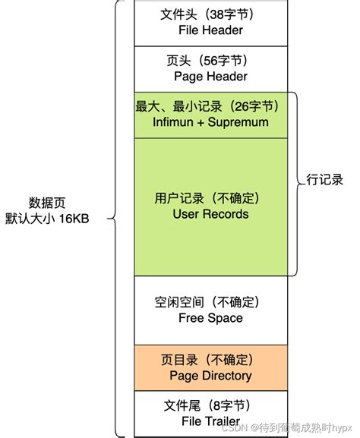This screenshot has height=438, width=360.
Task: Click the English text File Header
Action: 210,31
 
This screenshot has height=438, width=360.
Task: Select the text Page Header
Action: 210,77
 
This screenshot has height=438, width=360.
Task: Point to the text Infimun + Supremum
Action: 210,122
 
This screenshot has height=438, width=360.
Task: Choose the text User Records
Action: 210,214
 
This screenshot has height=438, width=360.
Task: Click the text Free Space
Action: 210,318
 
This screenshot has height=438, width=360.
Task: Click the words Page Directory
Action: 212,375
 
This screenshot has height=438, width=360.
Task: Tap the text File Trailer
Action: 210,421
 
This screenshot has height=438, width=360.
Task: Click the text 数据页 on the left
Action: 47,203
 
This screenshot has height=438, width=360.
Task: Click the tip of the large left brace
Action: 109,219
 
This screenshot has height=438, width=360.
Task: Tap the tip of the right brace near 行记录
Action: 302,182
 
